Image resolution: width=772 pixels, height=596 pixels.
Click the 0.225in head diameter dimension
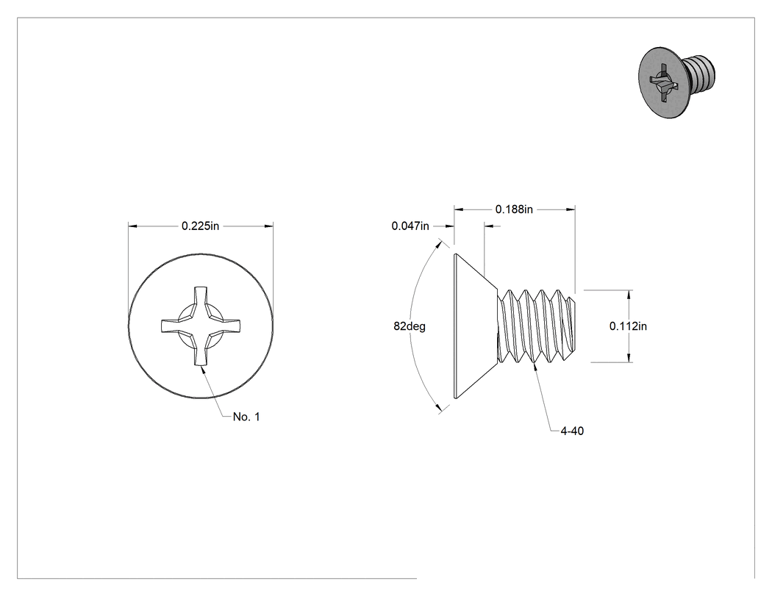(201, 226)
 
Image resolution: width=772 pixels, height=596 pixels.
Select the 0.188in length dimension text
(514, 209)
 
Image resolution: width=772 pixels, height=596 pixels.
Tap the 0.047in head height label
(410, 226)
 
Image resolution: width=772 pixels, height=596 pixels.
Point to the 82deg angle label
(409, 326)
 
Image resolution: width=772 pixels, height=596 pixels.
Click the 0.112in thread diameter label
(628, 326)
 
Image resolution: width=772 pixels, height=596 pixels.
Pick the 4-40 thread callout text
(572, 431)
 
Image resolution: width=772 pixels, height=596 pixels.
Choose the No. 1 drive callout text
(246, 417)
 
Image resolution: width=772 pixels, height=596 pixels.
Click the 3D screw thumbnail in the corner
(676, 82)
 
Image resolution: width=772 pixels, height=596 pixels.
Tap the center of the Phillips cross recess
(201, 326)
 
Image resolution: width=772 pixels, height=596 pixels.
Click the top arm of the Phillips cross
(201, 301)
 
